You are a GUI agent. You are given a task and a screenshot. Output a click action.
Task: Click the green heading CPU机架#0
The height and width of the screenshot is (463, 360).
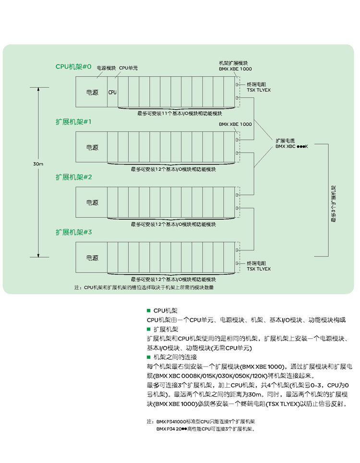[x=73, y=66]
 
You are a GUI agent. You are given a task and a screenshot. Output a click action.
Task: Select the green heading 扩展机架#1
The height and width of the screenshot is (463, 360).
[x=73, y=122]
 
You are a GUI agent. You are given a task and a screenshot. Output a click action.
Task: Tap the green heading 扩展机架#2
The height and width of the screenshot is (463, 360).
[x=73, y=177]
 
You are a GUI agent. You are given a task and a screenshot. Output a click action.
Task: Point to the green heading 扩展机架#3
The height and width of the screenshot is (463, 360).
[x=73, y=232]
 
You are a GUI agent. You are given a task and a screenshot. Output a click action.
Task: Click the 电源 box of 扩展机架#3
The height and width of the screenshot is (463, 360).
[x=92, y=258]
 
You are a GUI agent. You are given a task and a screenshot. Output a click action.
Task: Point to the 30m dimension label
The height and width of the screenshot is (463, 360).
[x=38, y=164]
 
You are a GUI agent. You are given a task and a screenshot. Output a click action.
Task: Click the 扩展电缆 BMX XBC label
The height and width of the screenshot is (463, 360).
[x=291, y=143]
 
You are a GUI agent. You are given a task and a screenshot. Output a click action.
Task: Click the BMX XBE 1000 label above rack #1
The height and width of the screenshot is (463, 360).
[x=235, y=124]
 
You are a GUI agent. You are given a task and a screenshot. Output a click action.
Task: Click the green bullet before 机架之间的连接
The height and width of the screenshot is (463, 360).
[x=149, y=357]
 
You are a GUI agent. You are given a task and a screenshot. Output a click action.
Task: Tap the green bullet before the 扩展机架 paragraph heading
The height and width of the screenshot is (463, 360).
[x=149, y=329]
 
